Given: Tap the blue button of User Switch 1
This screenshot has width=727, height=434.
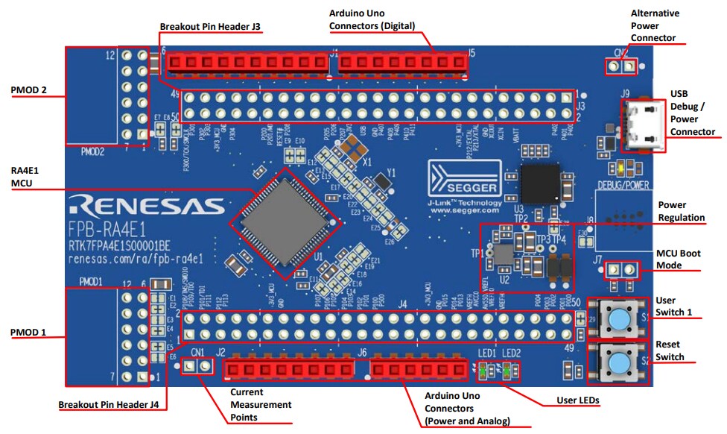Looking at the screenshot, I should [x=618, y=318].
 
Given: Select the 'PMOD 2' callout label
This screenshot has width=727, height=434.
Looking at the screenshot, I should [x=29, y=90].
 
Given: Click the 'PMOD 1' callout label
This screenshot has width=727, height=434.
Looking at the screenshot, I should [x=29, y=330].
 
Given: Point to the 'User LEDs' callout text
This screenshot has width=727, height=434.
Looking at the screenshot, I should [x=578, y=400].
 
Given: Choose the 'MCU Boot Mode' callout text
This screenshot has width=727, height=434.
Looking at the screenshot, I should [x=678, y=260].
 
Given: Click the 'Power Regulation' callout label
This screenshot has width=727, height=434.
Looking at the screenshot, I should [x=682, y=211].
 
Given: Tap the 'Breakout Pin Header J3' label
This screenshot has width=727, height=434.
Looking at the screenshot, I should [x=210, y=27].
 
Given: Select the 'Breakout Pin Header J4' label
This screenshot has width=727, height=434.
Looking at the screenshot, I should [x=112, y=406].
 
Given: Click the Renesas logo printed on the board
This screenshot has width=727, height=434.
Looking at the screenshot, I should [x=145, y=206].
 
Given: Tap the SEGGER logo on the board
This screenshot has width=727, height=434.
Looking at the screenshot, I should [x=466, y=181].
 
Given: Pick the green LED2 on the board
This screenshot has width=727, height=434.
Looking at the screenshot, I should [x=509, y=370].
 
